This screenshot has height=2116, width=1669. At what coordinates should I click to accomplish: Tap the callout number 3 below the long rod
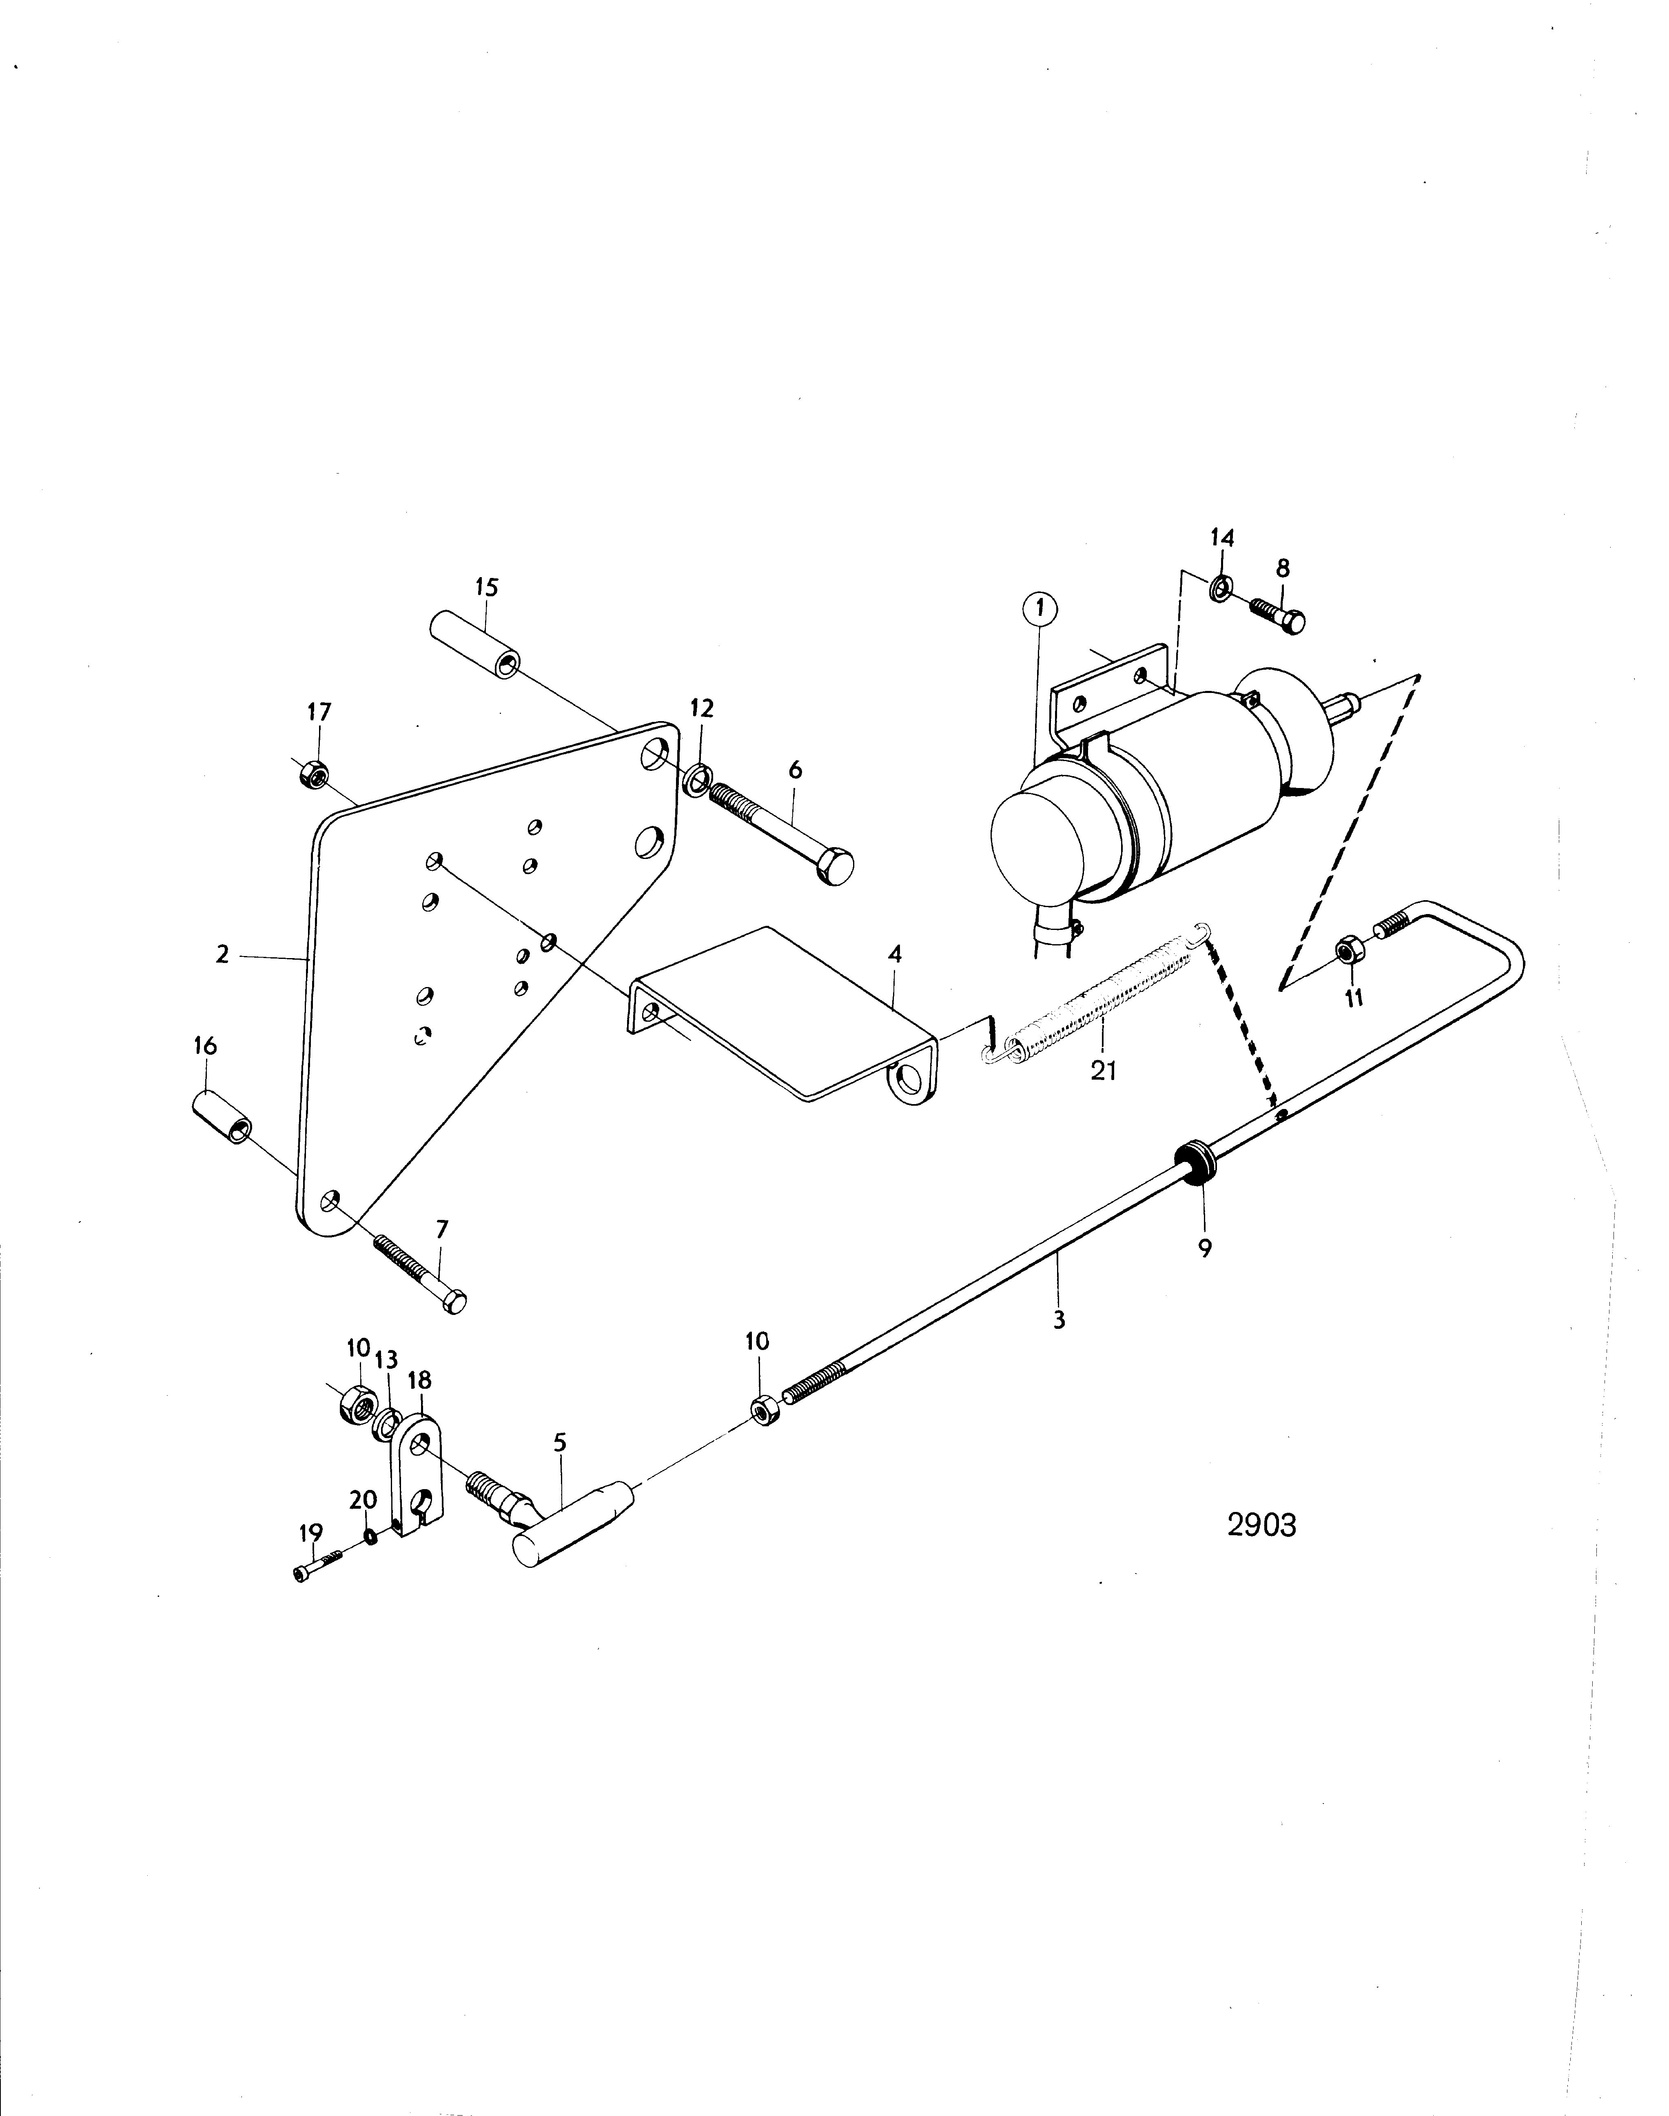pyautogui.click(x=1059, y=1321)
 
